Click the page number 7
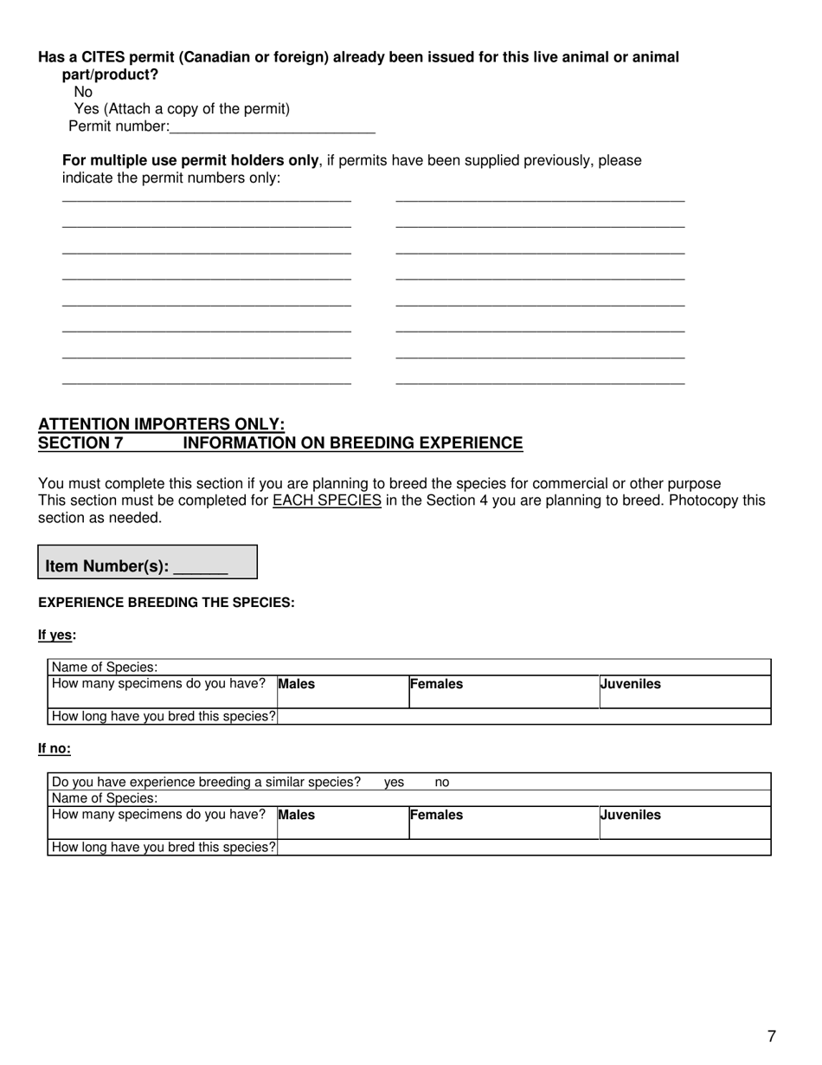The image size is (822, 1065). click(771, 1036)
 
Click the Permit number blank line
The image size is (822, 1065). click(273, 127)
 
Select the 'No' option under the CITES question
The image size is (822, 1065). click(83, 92)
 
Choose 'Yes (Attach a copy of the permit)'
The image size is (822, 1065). click(182, 109)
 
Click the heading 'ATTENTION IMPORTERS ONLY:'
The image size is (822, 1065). click(161, 424)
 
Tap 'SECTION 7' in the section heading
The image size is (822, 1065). click(80, 443)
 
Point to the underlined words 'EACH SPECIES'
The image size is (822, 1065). click(326, 500)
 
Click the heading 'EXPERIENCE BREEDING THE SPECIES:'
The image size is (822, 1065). click(166, 603)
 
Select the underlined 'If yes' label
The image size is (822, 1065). click(55, 636)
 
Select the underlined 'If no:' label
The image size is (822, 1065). click(55, 749)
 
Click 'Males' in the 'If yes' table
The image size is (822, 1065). click(297, 684)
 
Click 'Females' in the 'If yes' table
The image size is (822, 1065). click(436, 684)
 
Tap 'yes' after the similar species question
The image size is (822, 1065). click(394, 783)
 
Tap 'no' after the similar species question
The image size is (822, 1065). click(441, 783)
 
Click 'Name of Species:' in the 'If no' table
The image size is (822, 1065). click(106, 798)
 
